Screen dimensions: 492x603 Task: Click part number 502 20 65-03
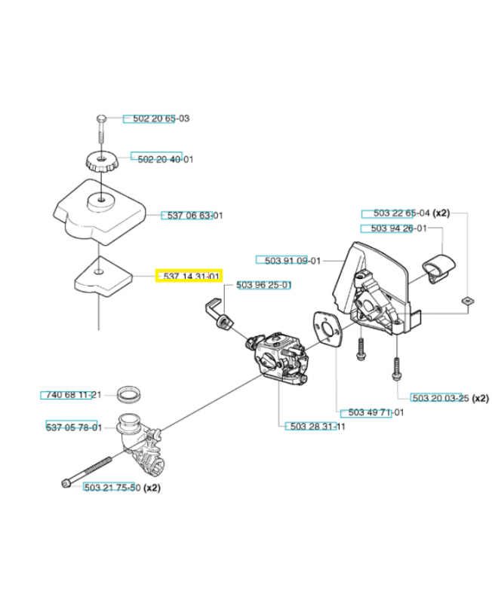161,118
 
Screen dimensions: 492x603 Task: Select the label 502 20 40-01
165,159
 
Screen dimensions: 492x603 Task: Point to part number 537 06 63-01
195,216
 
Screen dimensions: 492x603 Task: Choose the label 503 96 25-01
263,285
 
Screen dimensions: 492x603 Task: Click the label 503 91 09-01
293,261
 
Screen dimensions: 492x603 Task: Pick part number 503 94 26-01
399,228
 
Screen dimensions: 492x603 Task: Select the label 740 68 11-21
73,394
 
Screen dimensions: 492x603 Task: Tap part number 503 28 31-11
318,427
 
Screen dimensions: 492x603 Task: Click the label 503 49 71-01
376,412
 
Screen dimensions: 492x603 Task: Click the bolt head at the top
101,118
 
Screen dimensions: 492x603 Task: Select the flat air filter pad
103,277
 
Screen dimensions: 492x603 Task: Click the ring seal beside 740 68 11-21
128,394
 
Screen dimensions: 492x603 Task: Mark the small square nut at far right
467,301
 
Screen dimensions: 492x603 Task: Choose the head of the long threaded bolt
66,483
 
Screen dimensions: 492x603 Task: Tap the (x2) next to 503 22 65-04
441,213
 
